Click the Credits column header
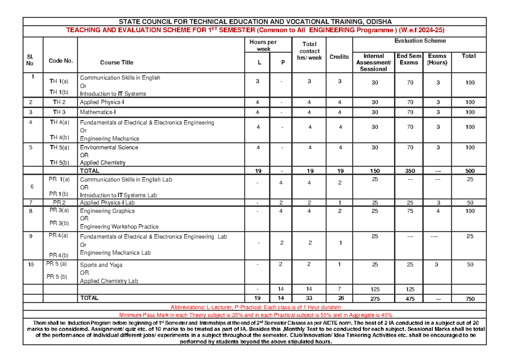[339, 57]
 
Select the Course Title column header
[117, 62]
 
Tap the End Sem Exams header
[409, 59]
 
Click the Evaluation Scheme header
[420, 41]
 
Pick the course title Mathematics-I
[98, 112]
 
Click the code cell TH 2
[60, 102]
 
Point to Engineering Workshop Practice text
[119, 226]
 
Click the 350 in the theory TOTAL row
[409, 171]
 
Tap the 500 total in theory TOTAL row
[470, 171]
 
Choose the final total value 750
[470, 299]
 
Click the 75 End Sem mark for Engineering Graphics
[409, 211]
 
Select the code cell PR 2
[60, 203]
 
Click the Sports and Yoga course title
[101, 265]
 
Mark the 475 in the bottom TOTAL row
[409, 299]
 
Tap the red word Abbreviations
[188, 307]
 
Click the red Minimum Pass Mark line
[255, 315]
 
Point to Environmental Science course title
[109, 147]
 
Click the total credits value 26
[339, 299]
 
